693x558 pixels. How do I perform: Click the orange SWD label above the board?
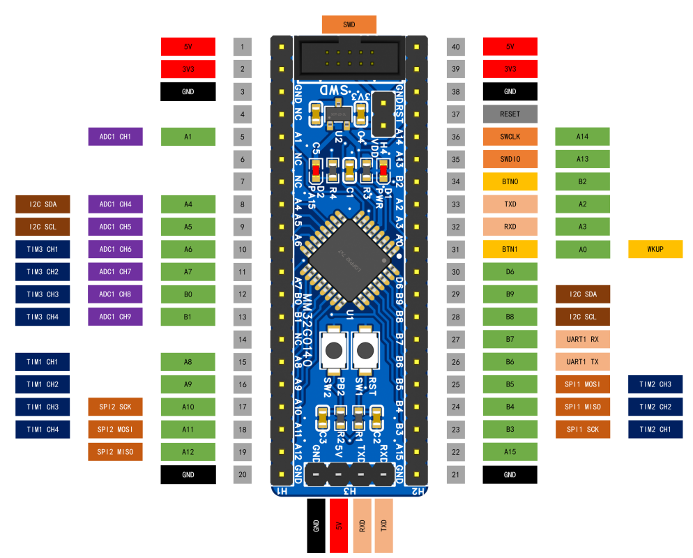pos(349,24)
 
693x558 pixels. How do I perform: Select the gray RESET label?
pos(510,114)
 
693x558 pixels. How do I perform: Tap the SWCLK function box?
pos(510,137)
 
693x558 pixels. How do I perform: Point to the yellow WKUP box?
pos(655,249)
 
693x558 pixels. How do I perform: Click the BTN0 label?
pos(510,182)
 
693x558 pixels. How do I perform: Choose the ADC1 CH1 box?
pos(115,137)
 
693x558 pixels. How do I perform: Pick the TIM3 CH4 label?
pos(43,317)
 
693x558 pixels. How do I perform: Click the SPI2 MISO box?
pos(115,452)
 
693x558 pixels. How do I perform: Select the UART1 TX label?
pos(582,362)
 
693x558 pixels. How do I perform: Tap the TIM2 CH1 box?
pos(655,430)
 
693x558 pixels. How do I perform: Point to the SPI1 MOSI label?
pos(582,384)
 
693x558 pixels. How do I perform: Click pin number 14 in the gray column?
pos(242,340)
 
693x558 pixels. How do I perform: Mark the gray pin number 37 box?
pos(456,114)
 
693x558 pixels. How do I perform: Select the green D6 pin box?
pos(510,272)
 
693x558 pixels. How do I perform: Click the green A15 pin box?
pos(510,452)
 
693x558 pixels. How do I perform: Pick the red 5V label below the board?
pos(338,525)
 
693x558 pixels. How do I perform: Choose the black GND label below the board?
pos(316,525)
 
